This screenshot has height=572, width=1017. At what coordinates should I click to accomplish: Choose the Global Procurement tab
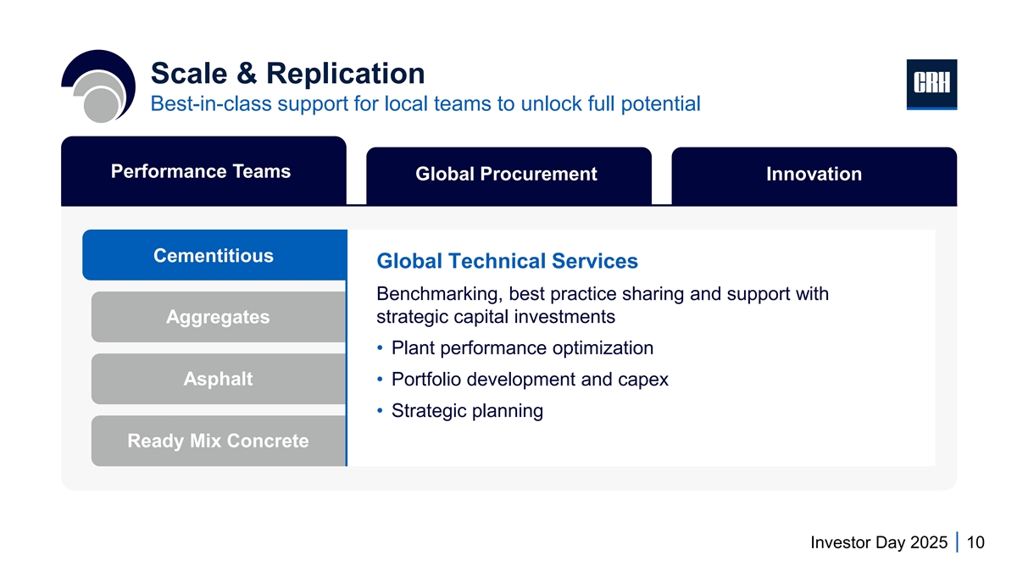(x=508, y=175)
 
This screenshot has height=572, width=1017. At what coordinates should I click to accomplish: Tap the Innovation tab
(x=814, y=175)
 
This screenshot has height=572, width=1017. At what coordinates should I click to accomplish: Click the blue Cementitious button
(x=214, y=255)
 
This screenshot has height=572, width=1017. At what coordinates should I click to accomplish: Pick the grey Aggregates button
(x=218, y=317)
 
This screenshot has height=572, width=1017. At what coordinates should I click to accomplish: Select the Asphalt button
(x=218, y=379)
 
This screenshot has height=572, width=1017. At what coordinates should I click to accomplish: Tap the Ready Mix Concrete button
(x=218, y=441)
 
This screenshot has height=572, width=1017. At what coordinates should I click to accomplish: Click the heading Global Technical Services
(x=507, y=261)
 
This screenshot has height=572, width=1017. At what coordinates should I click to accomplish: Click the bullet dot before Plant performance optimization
(x=381, y=347)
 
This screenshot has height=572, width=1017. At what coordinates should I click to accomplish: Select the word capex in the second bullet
(x=642, y=379)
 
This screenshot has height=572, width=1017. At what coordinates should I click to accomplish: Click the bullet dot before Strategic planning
(x=381, y=410)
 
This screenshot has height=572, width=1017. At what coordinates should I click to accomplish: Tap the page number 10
(x=975, y=543)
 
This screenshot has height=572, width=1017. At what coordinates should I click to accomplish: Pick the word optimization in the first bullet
(x=603, y=347)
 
